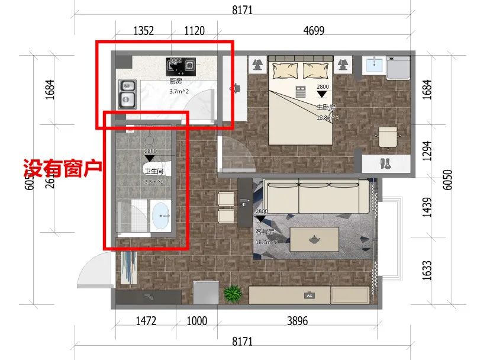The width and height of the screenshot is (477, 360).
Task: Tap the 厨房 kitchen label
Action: coord(176,82)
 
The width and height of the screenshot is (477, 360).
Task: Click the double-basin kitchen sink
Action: coord(128,94)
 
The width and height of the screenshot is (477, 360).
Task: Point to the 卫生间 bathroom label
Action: coord(152,171)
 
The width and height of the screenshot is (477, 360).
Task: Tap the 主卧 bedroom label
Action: coord(324,107)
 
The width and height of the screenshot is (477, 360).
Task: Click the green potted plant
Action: coord(233,292)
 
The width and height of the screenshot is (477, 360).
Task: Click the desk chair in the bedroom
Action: coord(388,137)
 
